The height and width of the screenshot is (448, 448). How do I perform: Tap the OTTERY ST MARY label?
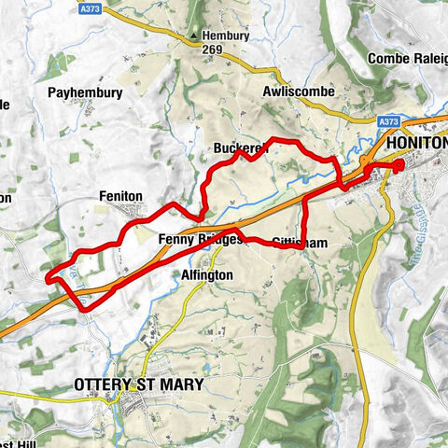[x=139, y=384]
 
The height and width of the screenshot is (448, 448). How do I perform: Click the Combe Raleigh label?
[x=406, y=58]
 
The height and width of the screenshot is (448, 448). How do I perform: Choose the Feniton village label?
[x=120, y=196]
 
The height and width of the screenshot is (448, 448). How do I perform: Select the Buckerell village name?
[x=241, y=148]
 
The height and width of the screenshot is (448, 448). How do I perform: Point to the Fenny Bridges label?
[x=200, y=239]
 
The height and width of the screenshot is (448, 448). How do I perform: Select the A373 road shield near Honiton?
[x=390, y=121]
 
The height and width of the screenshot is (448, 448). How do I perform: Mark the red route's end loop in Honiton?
[x=399, y=167]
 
